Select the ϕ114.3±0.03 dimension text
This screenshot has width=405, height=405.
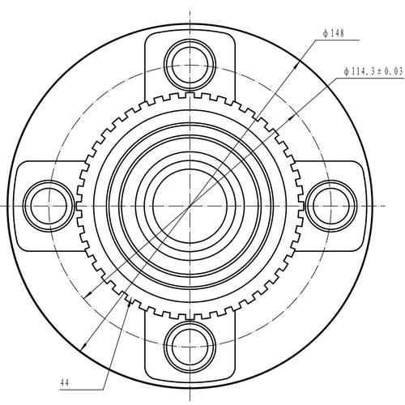(x=373, y=71)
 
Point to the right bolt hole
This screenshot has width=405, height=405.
(x=330, y=199)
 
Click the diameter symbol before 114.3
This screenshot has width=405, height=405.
(x=347, y=71)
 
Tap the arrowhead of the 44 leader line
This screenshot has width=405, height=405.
(x=130, y=301)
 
